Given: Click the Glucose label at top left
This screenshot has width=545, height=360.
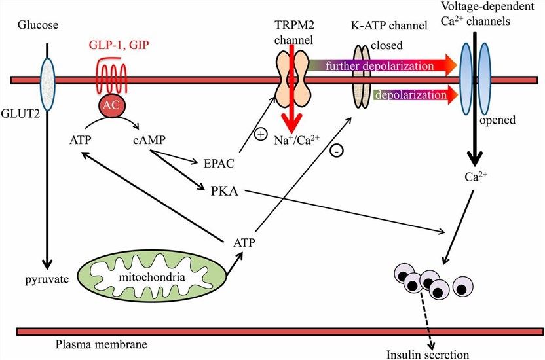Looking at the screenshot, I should (39, 26).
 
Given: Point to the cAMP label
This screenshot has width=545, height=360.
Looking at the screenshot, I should (149, 139).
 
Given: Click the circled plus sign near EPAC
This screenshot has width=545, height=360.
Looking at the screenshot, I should (260, 135).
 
